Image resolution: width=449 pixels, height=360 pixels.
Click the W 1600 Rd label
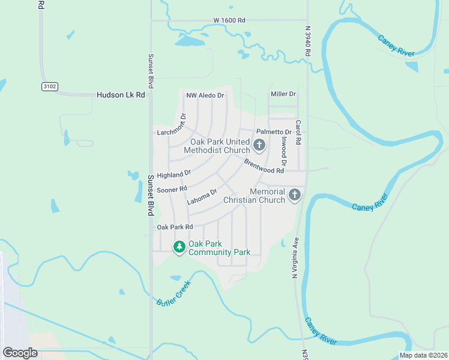click(x=229, y=20)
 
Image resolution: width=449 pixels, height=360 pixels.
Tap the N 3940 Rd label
click(x=307, y=41)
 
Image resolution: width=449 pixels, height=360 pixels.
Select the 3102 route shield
click(x=50, y=87)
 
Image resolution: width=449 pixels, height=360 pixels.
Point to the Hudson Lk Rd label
click(x=121, y=95)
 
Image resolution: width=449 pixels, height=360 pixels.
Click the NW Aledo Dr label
click(x=205, y=95)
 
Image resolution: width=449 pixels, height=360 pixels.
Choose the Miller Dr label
click(x=283, y=94)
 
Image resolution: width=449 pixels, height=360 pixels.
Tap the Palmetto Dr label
click(x=274, y=131)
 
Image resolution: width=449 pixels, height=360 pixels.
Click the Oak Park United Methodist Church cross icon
click(x=259, y=145)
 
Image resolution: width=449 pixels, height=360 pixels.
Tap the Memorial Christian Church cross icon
click(x=294, y=195)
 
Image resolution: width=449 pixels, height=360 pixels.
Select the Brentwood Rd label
click(x=264, y=166)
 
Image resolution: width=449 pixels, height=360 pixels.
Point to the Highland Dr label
click(x=173, y=174)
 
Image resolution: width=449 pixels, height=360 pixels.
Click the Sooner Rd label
click(x=172, y=190)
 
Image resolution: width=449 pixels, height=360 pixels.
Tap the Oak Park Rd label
click(x=175, y=227)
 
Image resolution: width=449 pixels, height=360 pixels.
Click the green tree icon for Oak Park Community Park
click(x=179, y=247)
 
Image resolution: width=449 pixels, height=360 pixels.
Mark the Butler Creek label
click(x=173, y=293)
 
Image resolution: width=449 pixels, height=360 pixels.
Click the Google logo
click(x=20, y=353)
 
